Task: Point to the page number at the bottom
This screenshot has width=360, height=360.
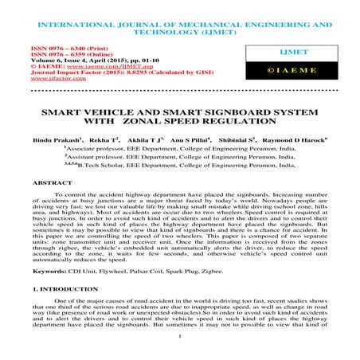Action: click(x=180, y=346)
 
